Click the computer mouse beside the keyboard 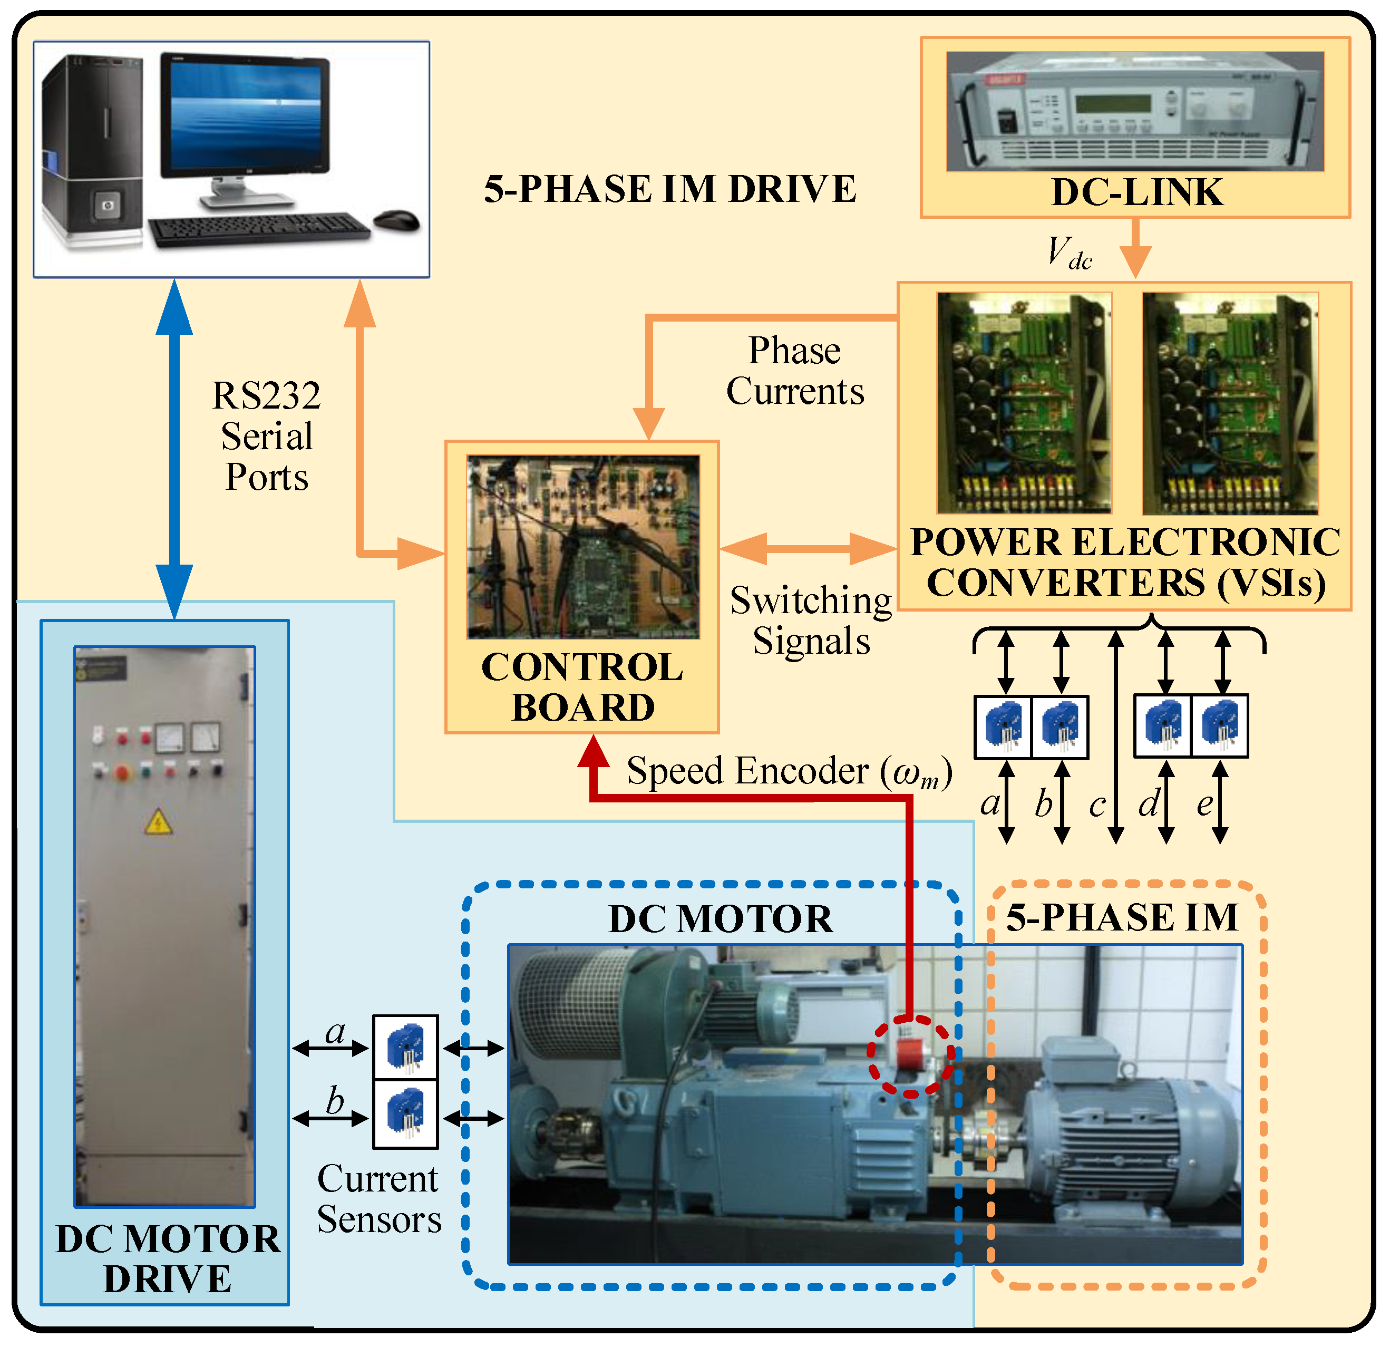396,220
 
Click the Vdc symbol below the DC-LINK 1069,253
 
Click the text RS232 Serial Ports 267,436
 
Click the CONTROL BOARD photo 583,546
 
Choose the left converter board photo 1024,402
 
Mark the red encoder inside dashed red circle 910,1054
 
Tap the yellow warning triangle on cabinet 158,822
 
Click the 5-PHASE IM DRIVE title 670,189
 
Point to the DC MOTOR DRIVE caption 168,1259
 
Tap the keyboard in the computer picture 259,229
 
